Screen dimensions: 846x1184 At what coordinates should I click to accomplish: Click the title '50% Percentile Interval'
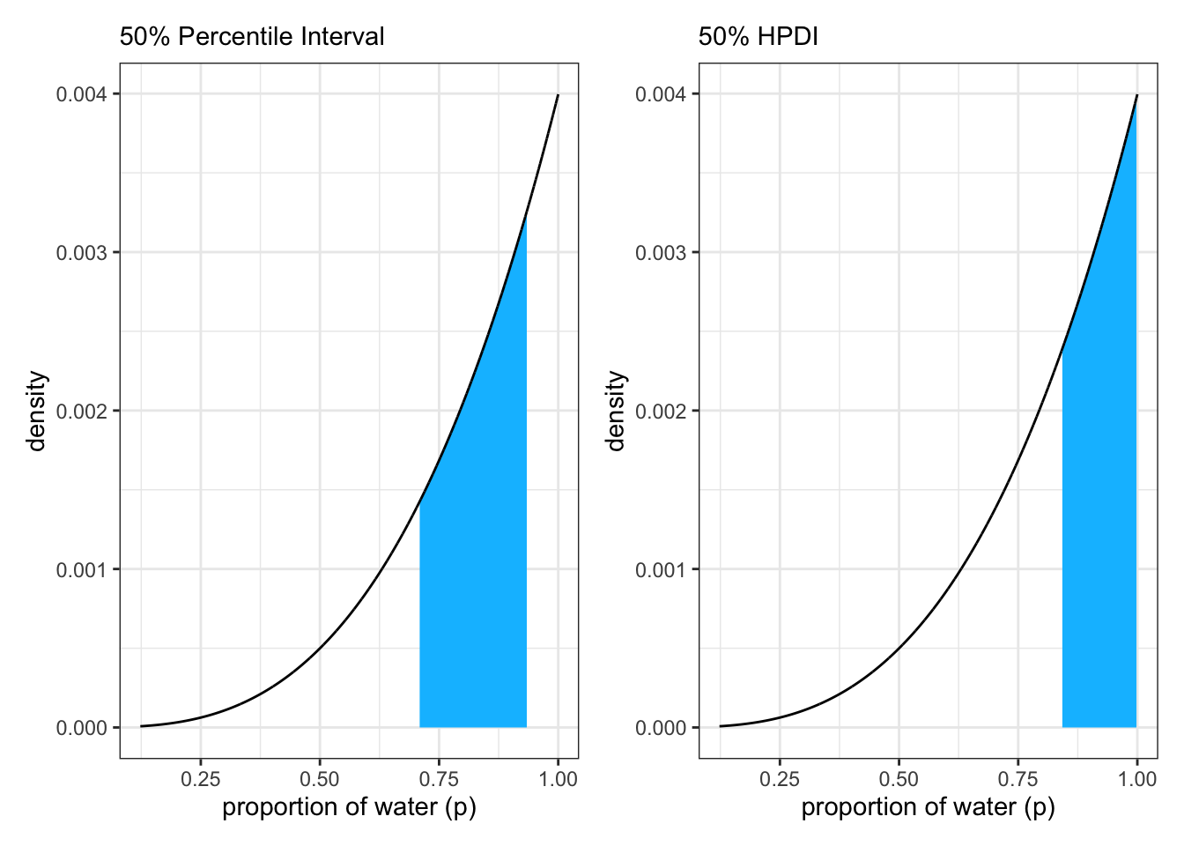(252, 36)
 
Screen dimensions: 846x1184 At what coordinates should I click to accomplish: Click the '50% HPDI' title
(758, 36)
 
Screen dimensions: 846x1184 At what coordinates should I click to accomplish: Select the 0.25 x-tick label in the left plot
(200, 779)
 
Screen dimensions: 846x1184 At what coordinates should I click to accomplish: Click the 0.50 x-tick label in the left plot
(320, 779)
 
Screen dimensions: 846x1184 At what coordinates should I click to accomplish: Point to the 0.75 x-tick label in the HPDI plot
(1017, 779)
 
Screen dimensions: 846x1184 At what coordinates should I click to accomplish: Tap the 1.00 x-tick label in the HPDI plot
(1137, 779)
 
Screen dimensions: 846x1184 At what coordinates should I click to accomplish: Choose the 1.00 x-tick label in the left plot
(559, 779)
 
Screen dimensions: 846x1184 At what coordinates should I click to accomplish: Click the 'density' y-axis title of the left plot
(36, 411)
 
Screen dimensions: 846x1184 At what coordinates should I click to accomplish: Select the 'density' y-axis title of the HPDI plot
(616, 411)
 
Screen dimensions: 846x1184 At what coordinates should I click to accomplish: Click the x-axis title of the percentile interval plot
(349, 807)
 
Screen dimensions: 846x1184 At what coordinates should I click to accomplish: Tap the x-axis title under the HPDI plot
(928, 807)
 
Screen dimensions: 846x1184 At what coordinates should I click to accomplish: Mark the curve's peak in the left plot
(558, 95)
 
